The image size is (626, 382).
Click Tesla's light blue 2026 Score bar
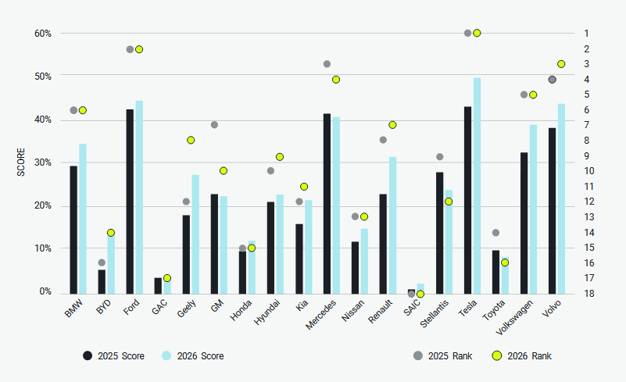477,185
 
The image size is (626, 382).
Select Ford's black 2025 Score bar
130,201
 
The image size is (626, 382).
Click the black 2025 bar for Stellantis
439,232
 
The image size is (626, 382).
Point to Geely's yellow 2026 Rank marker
191,140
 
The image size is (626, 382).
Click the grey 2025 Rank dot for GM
214,125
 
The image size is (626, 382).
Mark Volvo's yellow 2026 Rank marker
561,64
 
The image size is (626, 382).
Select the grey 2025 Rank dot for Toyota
495,233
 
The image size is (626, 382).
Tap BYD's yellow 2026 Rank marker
111,233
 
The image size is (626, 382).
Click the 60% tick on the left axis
43,34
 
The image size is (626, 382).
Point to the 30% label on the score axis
43,162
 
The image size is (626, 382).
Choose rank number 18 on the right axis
588,293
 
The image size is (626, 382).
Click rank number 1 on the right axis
585,34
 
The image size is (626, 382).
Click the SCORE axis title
21,162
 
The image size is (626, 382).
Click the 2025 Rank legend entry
442,356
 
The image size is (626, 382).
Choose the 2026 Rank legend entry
522,356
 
